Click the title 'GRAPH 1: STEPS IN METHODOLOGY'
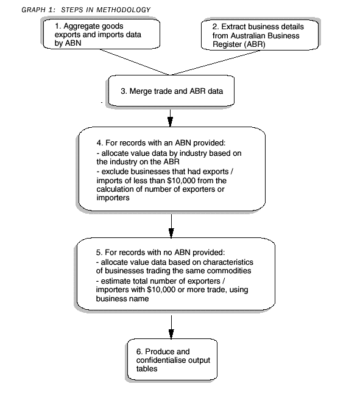[x=85, y=10]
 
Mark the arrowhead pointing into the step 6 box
[x=171, y=335]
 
